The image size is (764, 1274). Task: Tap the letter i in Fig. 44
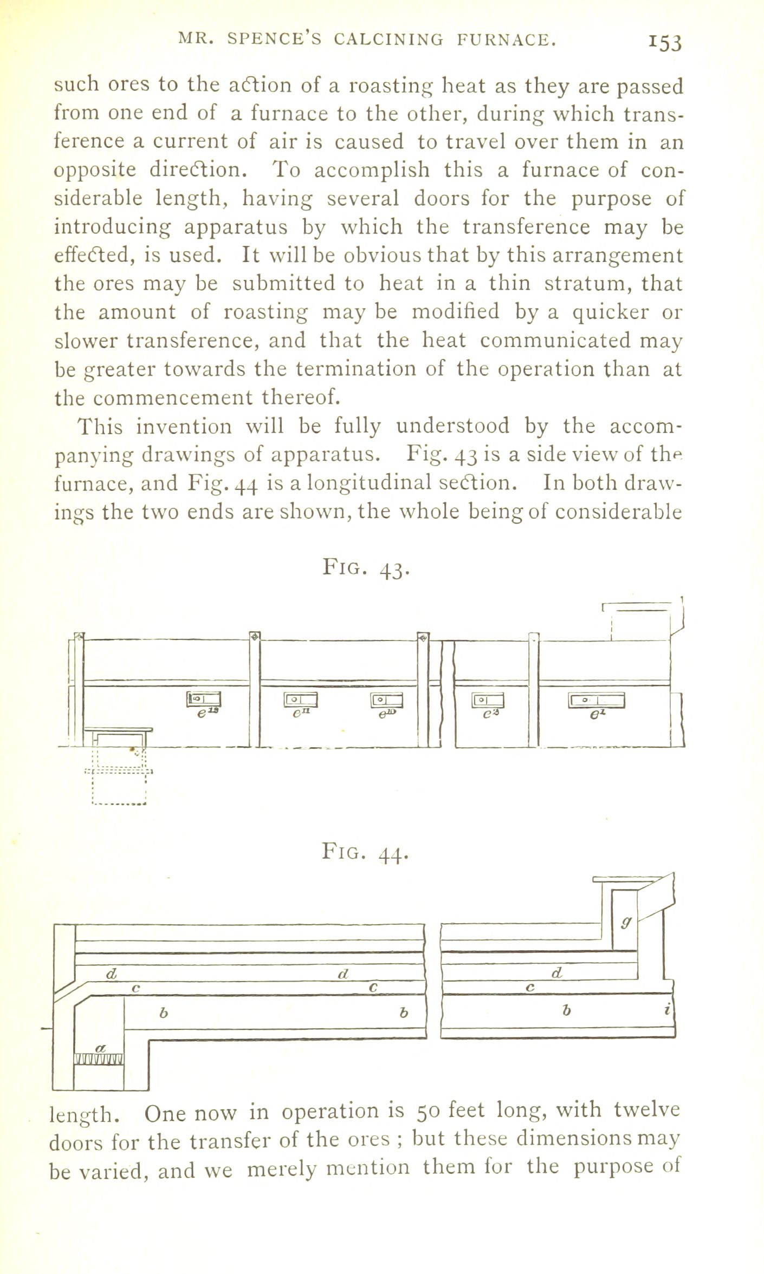pyautogui.click(x=668, y=1010)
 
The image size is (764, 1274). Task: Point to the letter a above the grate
pyautogui.click(x=99, y=1048)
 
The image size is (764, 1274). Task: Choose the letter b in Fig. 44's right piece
pyautogui.click(x=566, y=1010)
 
